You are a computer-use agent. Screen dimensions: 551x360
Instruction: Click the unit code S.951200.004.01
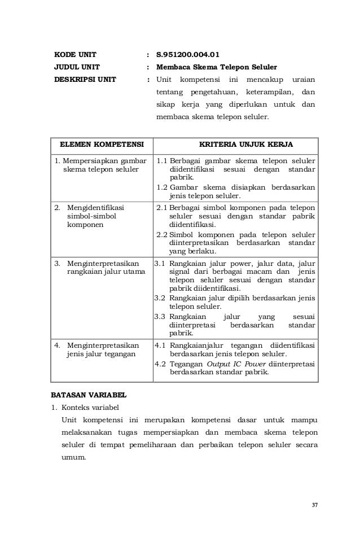(187, 55)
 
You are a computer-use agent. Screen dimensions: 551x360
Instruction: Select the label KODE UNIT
(74, 55)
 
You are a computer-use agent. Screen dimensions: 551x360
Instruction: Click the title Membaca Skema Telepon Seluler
(217, 67)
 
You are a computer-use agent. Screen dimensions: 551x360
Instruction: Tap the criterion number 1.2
(162, 187)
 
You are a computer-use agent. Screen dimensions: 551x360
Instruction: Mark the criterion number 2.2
(162, 234)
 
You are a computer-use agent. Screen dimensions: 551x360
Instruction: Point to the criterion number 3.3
(160, 316)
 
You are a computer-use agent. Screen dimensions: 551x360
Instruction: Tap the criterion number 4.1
(160, 345)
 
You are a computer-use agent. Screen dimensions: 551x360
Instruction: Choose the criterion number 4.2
(160, 363)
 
